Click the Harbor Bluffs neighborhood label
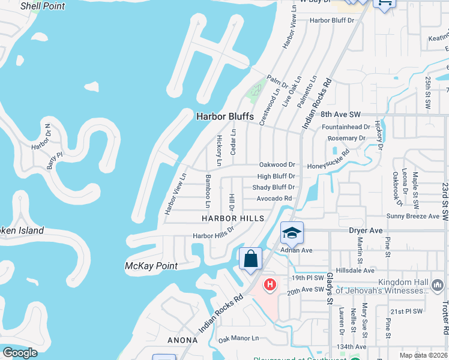click(x=225, y=116)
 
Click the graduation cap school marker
click(x=292, y=233)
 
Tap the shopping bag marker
click(x=251, y=259)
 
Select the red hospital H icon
click(x=270, y=284)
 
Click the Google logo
click(x=20, y=353)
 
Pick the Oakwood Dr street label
click(x=277, y=164)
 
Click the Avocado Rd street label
click(x=274, y=199)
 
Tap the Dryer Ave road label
click(x=366, y=230)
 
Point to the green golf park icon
click(x=256, y=90)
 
